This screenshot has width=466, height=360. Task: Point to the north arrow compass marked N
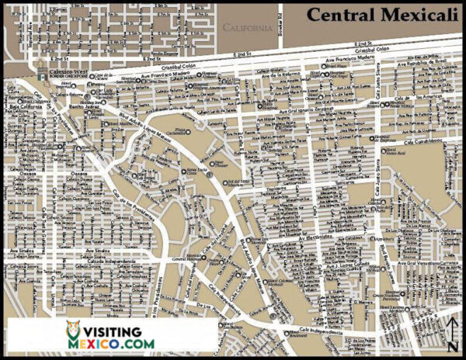[x=453, y=334]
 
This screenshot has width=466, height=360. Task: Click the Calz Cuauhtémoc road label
[x=423, y=140]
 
